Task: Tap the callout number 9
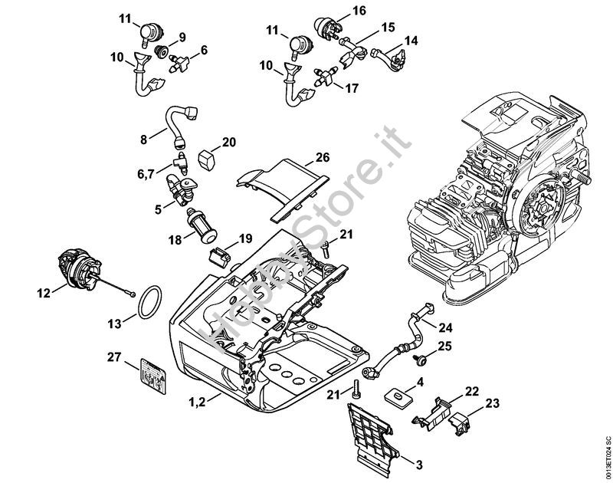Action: (182, 37)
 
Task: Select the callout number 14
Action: (411, 40)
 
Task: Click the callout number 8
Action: (143, 140)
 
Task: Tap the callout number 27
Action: (114, 356)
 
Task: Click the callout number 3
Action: (418, 463)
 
